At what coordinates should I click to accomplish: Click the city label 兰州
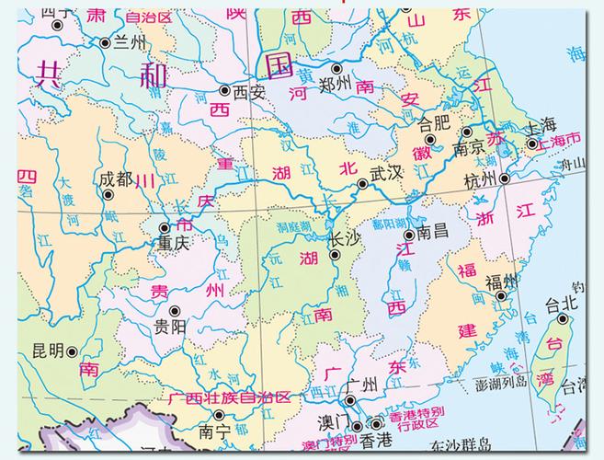click(x=130, y=42)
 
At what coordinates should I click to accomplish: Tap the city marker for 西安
click(x=225, y=90)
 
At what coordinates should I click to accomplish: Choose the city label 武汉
click(x=387, y=173)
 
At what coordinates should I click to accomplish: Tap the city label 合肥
click(x=436, y=121)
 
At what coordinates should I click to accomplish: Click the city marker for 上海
click(x=532, y=144)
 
